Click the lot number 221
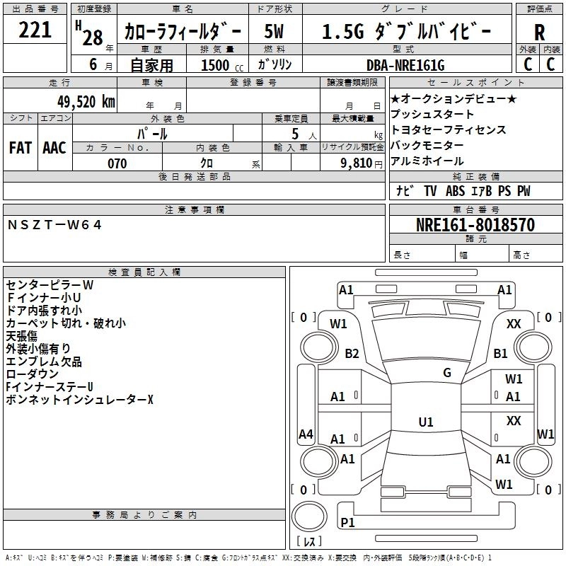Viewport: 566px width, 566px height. pyautogui.click(x=35, y=31)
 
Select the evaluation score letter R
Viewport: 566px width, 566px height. pyautogui.click(x=539, y=33)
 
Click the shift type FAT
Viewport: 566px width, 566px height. pyautogui.click(x=20, y=148)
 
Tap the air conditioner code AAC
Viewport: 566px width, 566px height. pyautogui.click(x=54, y=148)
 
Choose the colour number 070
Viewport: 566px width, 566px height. pyautogui.click(x=117, y=163)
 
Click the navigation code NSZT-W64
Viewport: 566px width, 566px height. pyautogui.click(x=55, y=225)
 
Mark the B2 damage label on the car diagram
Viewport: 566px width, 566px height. pyautogui.click(x=352, y=354)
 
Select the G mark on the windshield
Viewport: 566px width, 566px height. pyautogui.click(x=447, y=372)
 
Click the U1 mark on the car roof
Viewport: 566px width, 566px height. pyautogui.click(x=425, y=422)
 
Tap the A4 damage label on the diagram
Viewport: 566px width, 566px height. pyautogui.click(x=306, y=434)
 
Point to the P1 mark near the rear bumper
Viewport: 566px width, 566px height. pyautogui.click(x=347, y=522)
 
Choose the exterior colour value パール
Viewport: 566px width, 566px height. pyautogui.click(x=153, y=133)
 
